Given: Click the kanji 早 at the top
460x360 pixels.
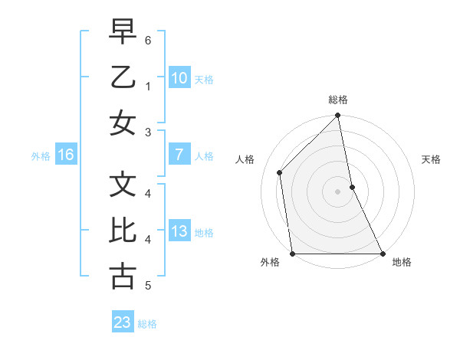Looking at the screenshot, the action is point(123,32).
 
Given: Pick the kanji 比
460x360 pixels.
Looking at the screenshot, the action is point(123,231).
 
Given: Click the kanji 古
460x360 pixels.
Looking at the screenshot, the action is point(123,277).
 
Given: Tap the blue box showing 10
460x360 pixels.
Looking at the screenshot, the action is point(179,77).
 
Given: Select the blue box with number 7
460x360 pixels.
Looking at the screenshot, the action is point(179,155).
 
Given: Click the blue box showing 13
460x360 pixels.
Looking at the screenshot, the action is point(179,231).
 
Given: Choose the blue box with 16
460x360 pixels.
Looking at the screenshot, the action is point(66,155).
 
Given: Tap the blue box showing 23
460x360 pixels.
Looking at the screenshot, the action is point(123,322).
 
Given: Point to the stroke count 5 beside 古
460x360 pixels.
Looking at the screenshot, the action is point(148,286).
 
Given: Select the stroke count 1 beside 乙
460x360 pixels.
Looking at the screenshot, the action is point(148,87).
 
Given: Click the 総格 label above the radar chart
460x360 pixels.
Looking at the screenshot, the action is point(338,100).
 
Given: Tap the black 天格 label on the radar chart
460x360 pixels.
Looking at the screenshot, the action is point(432,159).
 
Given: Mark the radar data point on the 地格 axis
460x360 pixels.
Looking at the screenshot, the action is point(382,253).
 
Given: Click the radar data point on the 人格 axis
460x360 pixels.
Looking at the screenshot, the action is point(280,172).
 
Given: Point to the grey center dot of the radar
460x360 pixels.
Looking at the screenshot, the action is point(338,191).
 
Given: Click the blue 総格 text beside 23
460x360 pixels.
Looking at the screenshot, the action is point(147,324).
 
